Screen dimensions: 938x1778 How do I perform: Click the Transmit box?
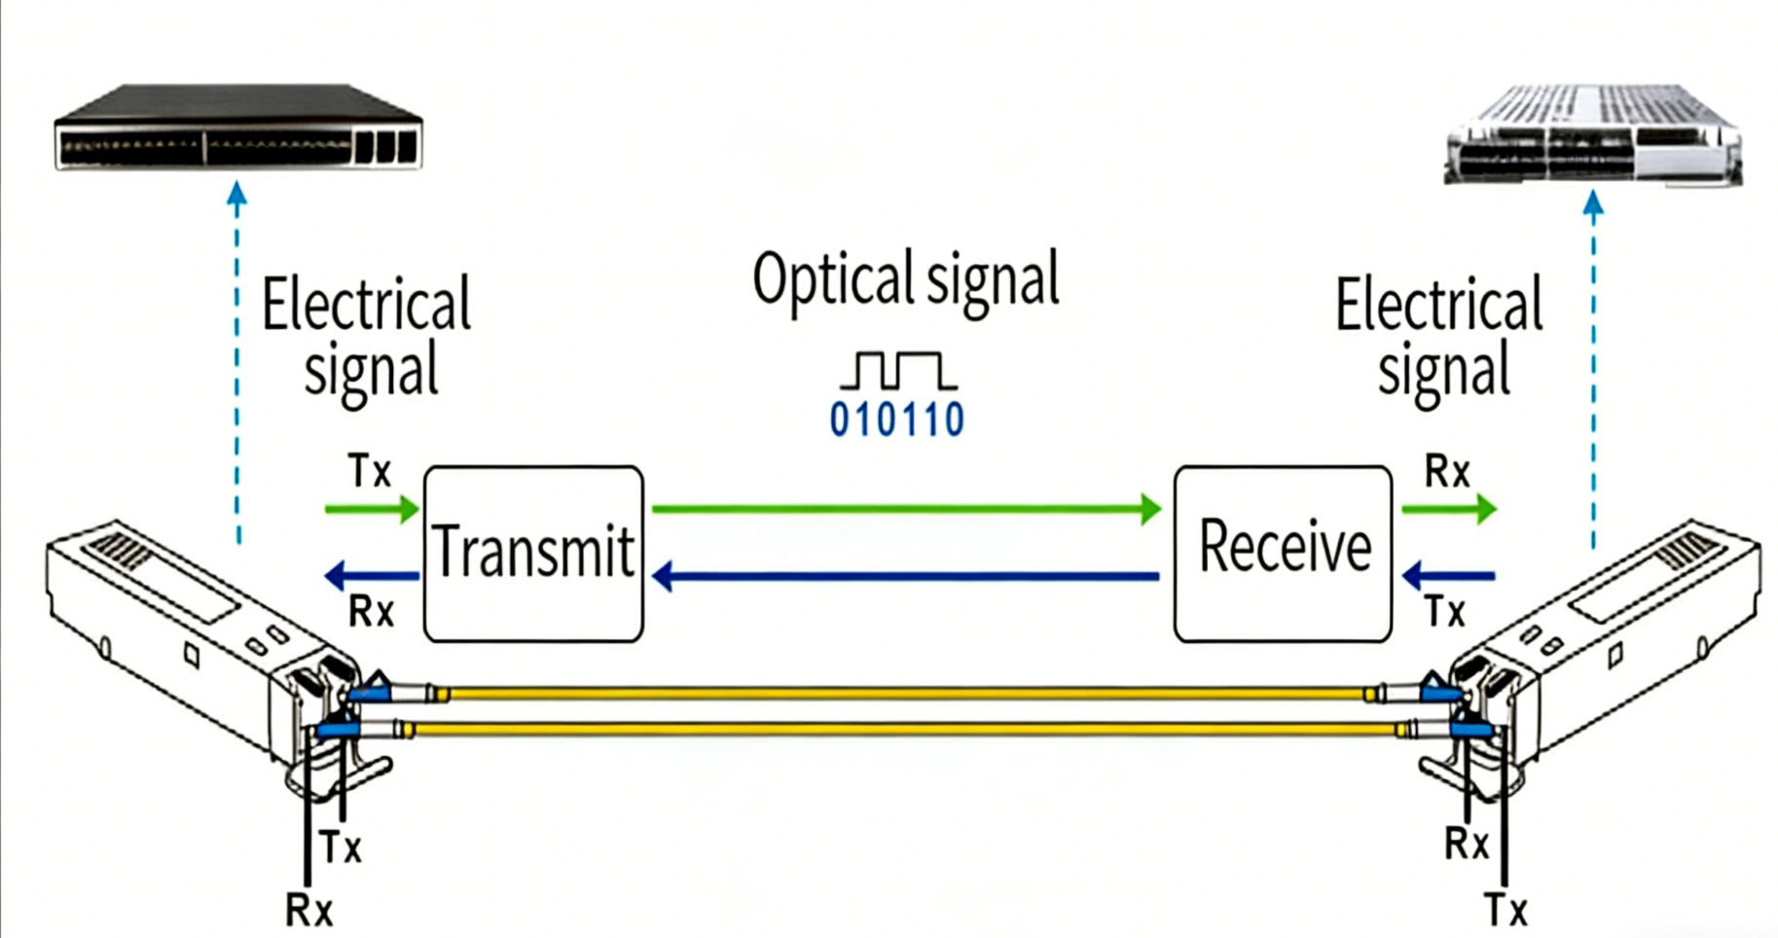coord(533,553)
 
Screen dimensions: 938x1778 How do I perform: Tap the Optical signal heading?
coord(905,280)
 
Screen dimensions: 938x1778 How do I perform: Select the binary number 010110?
coord(896,420)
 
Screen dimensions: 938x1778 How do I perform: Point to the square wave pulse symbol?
coord(897,371)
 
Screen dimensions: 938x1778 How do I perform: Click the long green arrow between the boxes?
coord(905,508)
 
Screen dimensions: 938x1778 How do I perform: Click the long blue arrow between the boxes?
coord(905,577)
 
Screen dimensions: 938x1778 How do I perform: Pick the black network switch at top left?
coord(237,127)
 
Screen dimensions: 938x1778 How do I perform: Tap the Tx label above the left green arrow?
coord(370,472)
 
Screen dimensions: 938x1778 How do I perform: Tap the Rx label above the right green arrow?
coord(1447,472)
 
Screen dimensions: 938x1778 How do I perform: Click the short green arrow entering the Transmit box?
coord(371,508)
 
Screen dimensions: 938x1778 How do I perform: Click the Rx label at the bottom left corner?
coord(308,911)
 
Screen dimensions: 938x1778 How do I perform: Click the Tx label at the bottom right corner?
coord(1506,911)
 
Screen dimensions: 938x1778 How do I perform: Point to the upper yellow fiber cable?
coord(905,694)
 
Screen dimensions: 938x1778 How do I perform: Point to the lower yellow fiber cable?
coord(905,729)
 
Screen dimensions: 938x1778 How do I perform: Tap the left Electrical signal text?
coord(367,336)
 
